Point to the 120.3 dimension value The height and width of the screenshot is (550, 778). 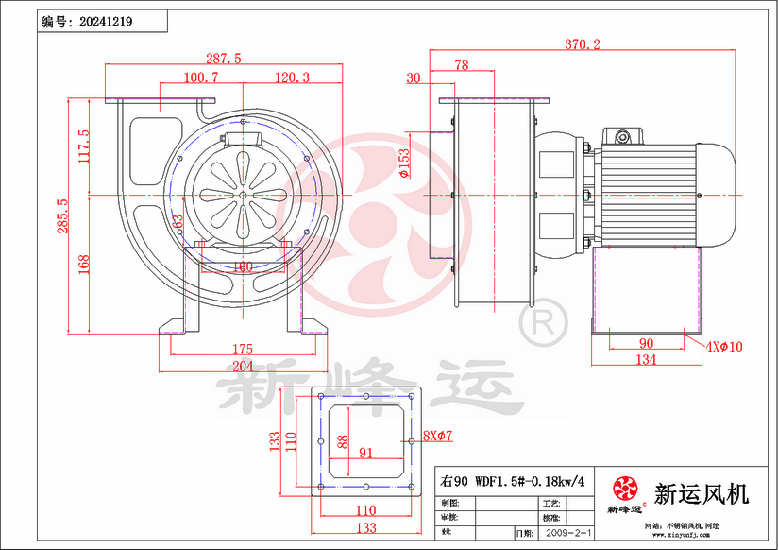tap(292, 77)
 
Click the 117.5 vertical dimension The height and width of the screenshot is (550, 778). tap(83, 146)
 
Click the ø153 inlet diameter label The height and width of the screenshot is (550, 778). tap(403, 163)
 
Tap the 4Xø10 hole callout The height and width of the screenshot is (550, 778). tap(723, 347)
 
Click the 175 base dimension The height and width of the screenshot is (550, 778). tap(242, 350)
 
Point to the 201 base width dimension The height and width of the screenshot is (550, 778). tap(244, 367)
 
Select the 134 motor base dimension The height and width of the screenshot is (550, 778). tap(646, 359)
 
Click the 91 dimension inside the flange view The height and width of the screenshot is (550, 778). tap(366, 453)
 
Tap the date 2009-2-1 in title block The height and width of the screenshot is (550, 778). tap(570, 534)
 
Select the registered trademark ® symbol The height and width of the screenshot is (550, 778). tap(543, 326)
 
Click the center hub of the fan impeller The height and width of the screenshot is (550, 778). tap(243, 196)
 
